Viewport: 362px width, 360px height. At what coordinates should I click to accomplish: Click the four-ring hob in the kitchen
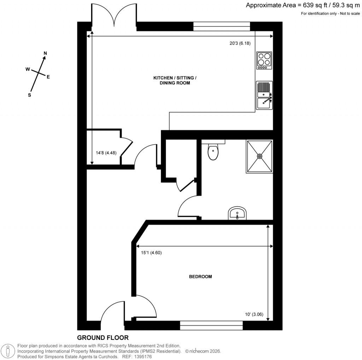coord(264,60)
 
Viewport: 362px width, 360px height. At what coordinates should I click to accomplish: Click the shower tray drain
coord(260,156)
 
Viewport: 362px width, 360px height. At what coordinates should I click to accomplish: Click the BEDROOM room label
coord(200,277)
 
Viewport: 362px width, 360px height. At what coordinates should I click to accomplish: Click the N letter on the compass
coord(45,53)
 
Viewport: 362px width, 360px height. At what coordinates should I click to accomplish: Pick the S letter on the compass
coord(30,95)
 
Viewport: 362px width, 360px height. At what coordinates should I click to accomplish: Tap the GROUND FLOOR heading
coord(103,338)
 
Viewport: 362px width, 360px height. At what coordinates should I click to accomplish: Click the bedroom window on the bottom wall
coord(211,325)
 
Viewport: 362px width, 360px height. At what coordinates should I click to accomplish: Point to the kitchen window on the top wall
coord(222,27)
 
